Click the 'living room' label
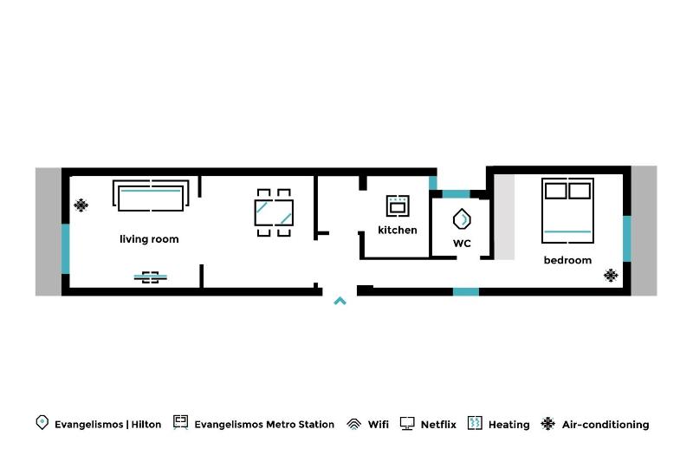coord(149,239)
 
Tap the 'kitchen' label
coord(397,231)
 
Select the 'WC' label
coord(462,244)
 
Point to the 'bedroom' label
coord(567,260)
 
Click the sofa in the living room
coord(150,196)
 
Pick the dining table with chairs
coord(274,212)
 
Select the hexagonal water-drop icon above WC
coord(462,218)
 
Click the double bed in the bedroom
coord(567,211)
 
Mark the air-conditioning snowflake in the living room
coord(81,205)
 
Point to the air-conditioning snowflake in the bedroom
coord(611,276)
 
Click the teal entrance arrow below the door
coord(340,301)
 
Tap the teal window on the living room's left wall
coord(65,249)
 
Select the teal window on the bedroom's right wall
coord(627,238)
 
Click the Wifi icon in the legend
coord(353,424)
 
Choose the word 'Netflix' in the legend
coord(437,425)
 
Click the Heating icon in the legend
coord(475,424)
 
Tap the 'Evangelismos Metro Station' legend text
coord(264,425)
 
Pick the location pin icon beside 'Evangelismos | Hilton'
coord(42,423)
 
